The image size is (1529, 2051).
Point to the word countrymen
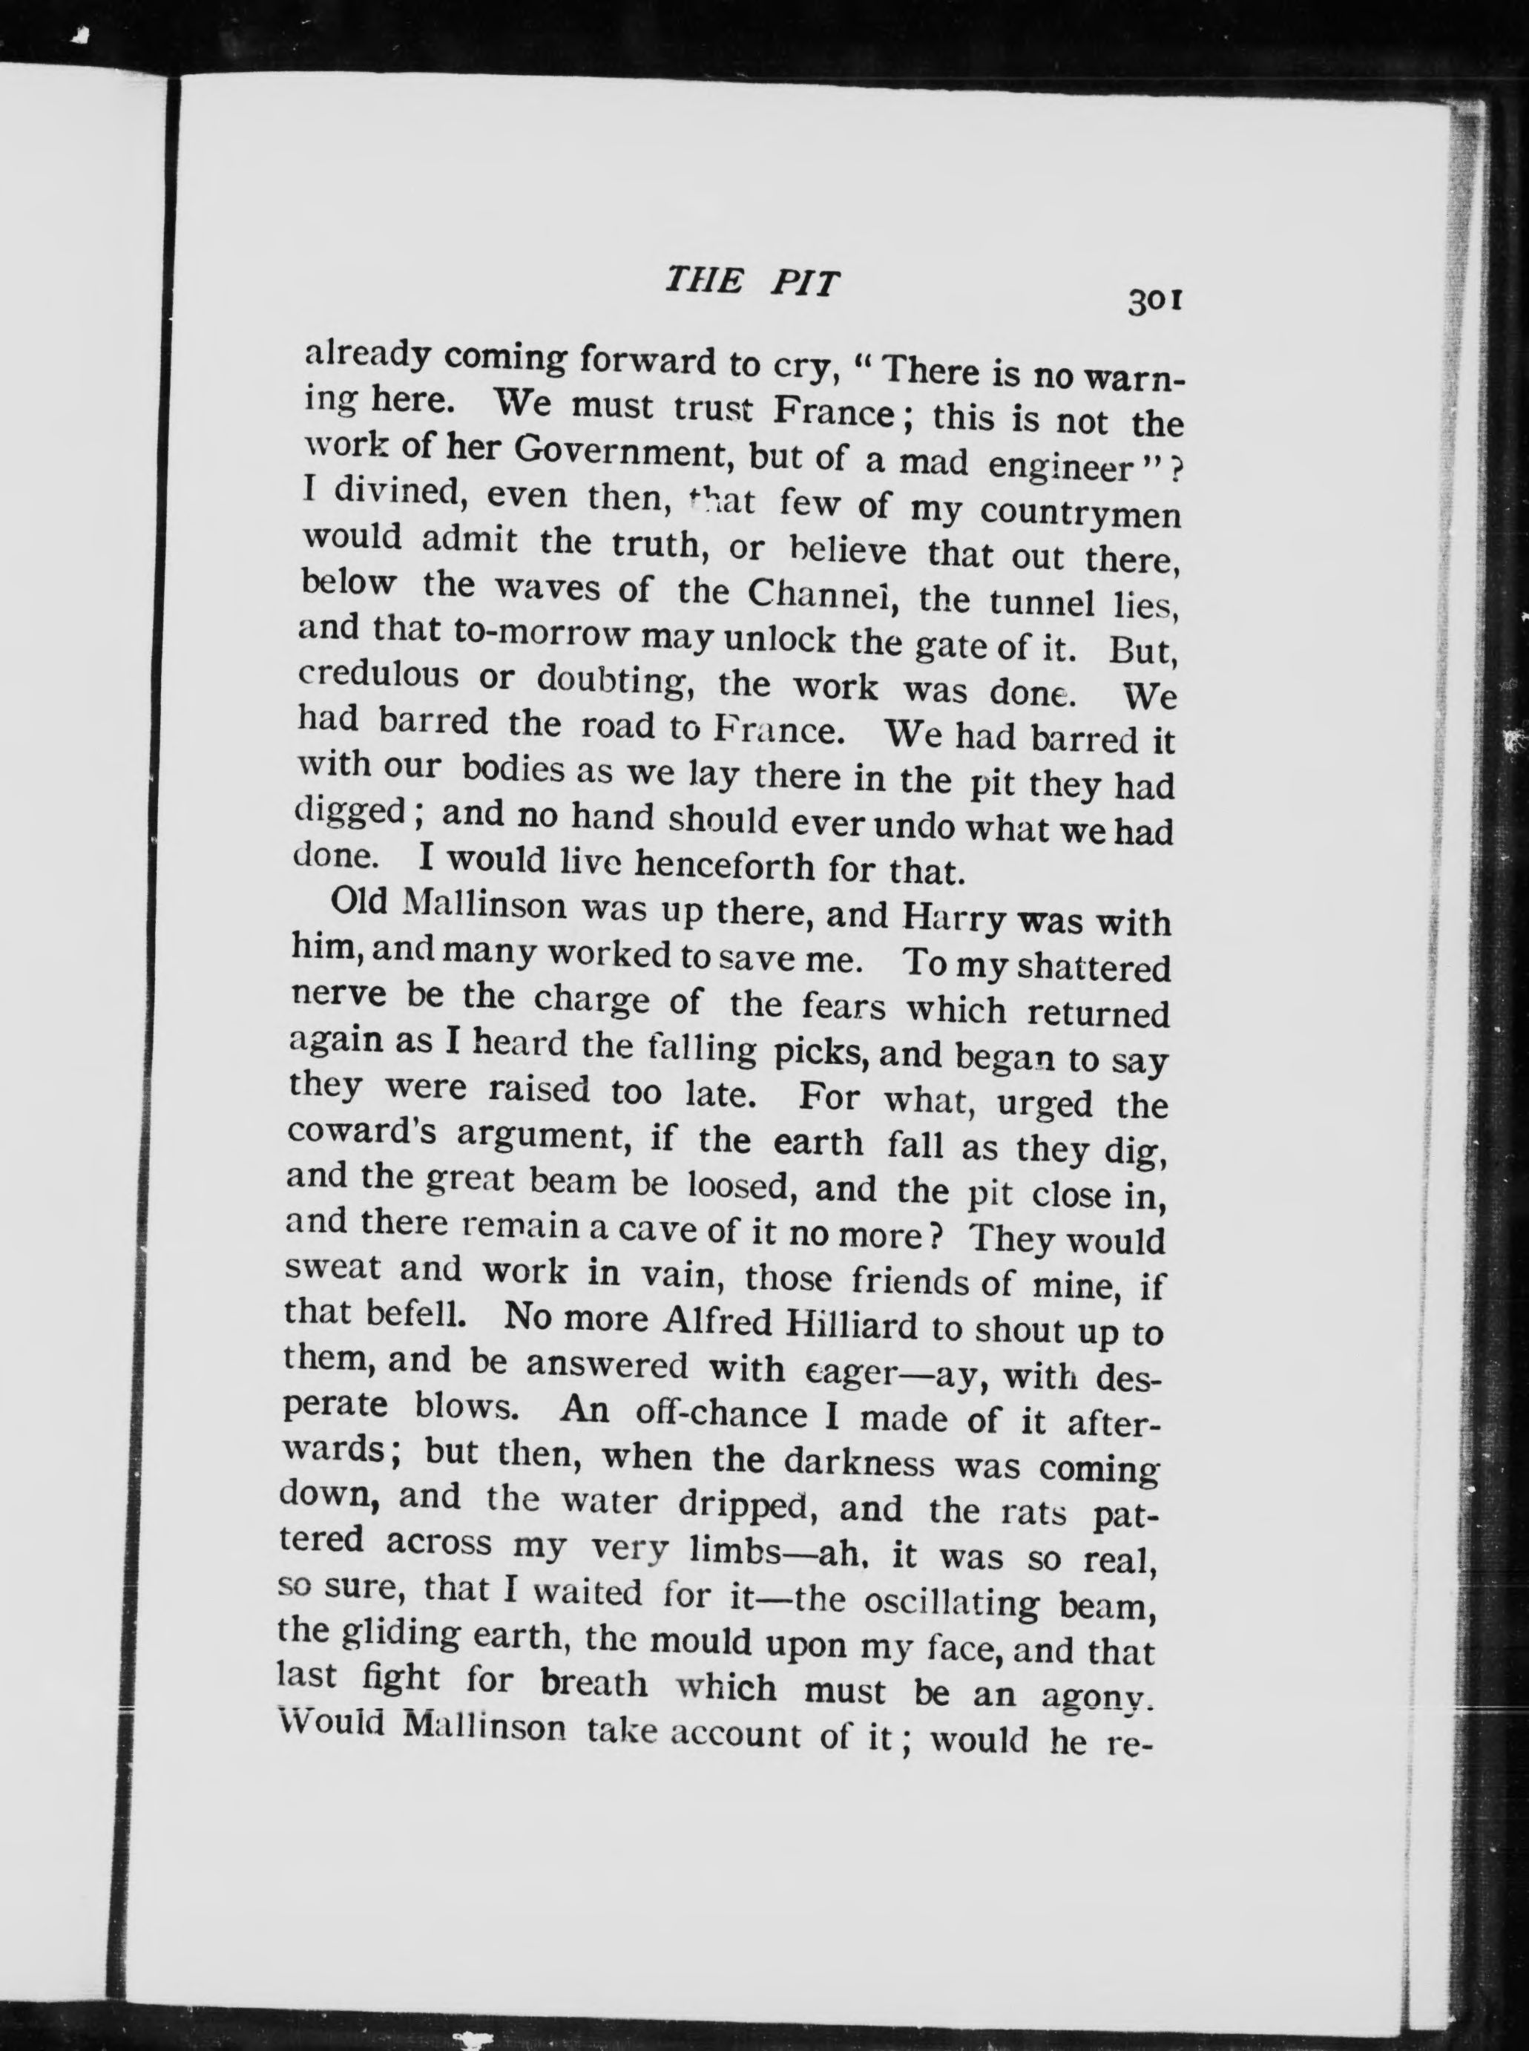(1080, 512)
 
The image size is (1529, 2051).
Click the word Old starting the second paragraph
(358, 902)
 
